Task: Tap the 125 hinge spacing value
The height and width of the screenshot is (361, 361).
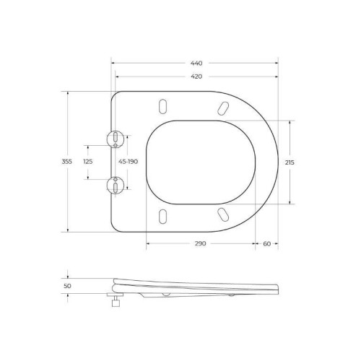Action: point(88,162)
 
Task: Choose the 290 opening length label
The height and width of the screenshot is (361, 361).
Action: point(201,243)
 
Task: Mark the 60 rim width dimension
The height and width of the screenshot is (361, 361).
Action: point(266,243)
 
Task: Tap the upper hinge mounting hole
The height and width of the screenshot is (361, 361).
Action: point(116,137)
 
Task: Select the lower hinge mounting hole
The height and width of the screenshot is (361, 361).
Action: point(116,186)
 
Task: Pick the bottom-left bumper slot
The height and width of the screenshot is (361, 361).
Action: point(162,216)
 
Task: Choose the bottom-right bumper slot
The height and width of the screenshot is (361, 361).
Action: point(222,214)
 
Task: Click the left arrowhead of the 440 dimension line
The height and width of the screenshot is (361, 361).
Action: point(115,63)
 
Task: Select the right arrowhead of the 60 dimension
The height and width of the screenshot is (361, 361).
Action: point(278,243)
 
